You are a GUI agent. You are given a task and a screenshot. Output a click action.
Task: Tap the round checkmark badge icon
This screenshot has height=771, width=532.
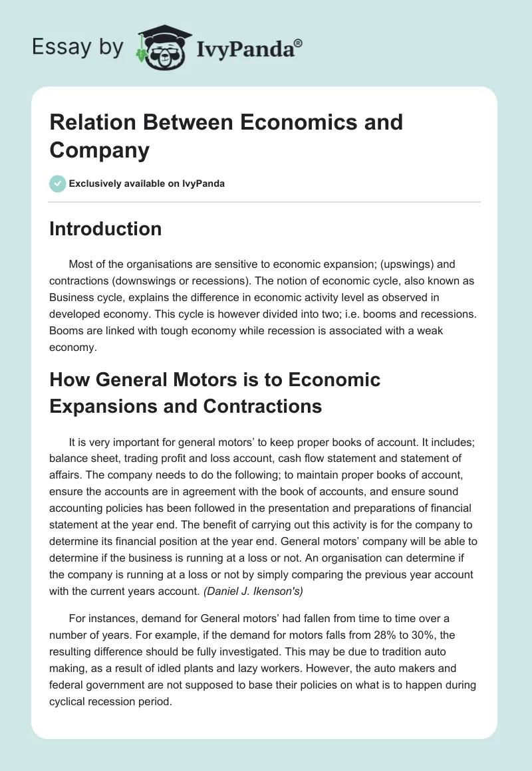[58, 183]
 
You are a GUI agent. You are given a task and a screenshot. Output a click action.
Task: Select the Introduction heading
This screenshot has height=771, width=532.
[106, 229]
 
